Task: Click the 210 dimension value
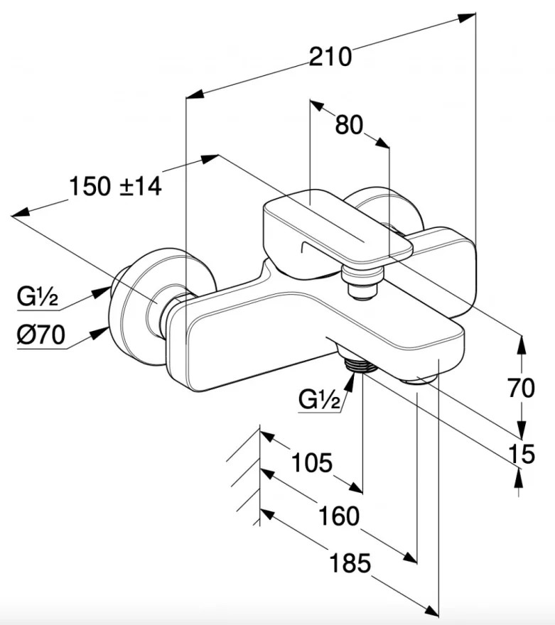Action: tap(330, 57)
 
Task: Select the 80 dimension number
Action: tap(349, 124)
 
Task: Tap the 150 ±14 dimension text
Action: tap(116, 186)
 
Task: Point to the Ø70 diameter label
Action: tap(41, 335)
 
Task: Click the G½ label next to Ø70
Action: tap(38, 297)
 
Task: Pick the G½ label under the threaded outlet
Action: tap(319, 400)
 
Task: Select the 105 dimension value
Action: tap(312, 463)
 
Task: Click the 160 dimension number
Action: tap(339, 516)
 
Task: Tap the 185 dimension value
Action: tap(350, 563)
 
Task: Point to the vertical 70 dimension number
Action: tap(521, 388)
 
